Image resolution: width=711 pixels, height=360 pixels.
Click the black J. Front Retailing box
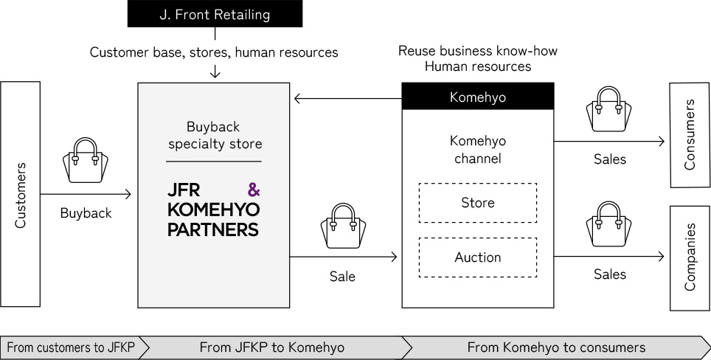(x=215, y=14)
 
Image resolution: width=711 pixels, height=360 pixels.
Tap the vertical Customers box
(x=21, y=194)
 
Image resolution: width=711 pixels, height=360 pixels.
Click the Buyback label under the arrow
(x=86, y=213)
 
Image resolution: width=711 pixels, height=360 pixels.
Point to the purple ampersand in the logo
(x=253, y=190)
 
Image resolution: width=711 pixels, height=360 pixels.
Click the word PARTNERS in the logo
(x=213, y=229)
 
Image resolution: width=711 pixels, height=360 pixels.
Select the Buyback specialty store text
(x=214, y=135)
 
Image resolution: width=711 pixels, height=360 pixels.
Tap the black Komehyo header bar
(x=477, y=97)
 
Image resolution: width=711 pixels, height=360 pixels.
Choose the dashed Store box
(x=477, y=202)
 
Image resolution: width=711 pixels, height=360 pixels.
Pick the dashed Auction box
(x=477, y=257)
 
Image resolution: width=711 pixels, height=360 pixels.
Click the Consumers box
(x=690, y=135)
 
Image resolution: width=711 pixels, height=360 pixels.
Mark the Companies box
(x=690, y=258)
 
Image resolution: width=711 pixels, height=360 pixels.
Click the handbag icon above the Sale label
(x=342, y=226)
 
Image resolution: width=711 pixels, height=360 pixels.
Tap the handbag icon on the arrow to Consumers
(x=610, y=109)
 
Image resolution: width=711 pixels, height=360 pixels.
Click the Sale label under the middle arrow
(x=342, y=277)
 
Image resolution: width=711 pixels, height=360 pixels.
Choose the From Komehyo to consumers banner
(x=556, y=347)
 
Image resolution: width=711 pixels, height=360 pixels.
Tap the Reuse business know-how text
(x=477, y=51)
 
